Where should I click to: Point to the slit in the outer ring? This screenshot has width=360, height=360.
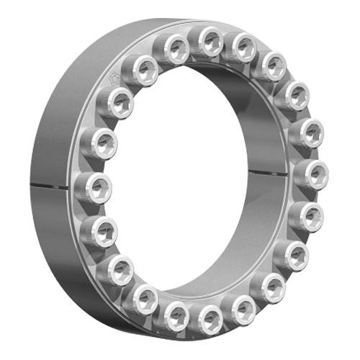(50, 187)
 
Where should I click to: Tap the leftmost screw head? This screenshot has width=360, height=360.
(93, 189)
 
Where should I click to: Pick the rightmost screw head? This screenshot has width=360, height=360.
(312, 174)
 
